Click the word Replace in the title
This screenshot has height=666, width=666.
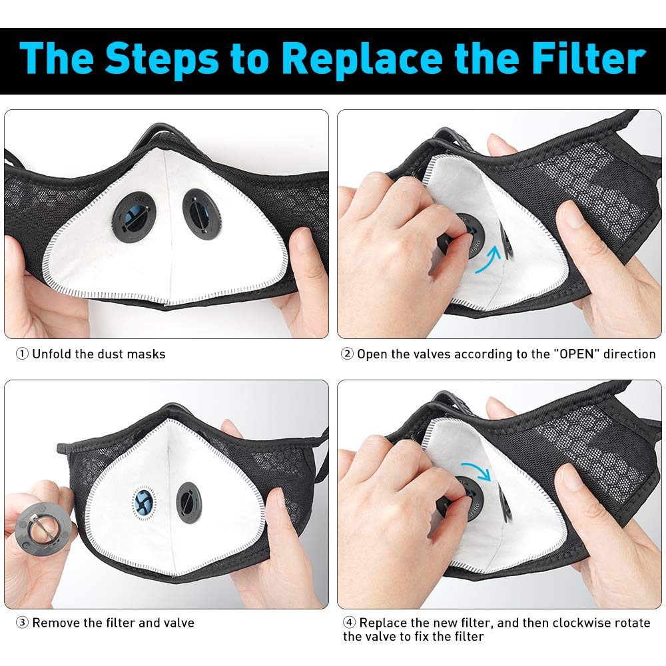[x=362, y=59]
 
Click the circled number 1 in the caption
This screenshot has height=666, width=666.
[x=22, y=354]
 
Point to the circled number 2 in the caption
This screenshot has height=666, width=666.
[x=347, y=354]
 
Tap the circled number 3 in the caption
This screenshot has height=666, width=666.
[x=22, y=623]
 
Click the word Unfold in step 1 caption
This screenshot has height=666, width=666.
[x=51, y=354]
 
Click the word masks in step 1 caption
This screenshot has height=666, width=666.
[x=147, y=354]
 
